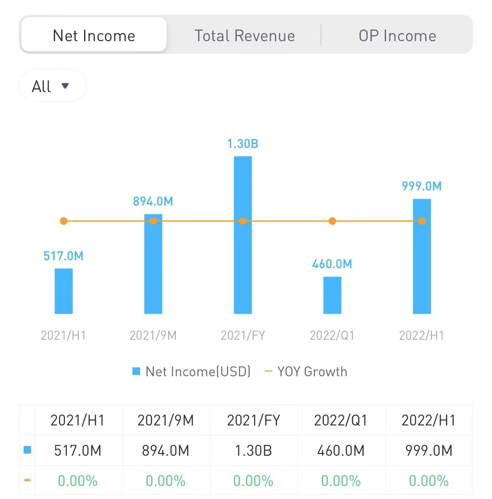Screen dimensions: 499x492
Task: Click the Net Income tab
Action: pos(94,36)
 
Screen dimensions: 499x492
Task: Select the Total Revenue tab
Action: pos(244,36)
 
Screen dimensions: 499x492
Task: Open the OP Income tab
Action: pos(397,36)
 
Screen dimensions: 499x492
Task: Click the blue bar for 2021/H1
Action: pos(63,291)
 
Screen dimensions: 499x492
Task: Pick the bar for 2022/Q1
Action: pos(332,295)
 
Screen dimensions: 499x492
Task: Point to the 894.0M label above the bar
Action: pos(153,201)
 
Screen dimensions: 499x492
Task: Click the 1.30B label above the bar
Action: pos(243,144)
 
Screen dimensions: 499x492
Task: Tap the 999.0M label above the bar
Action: pos(422,186)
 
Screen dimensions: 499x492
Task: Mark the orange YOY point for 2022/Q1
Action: pos(332,221)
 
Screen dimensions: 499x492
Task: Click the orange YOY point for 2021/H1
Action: pos(63,221)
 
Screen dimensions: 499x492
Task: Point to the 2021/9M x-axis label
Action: pos(153,335)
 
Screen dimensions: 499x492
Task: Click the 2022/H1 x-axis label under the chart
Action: pos(421,335)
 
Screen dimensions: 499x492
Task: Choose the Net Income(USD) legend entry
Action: pos(192,372)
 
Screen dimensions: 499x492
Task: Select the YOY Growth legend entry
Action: pos(306,372)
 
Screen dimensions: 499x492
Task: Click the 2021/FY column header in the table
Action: pos(253,420)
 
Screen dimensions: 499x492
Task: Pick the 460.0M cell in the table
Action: pos(341,451)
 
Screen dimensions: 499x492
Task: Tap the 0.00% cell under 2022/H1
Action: pos(429,481)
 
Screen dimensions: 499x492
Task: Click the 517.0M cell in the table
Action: pos(78,451)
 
